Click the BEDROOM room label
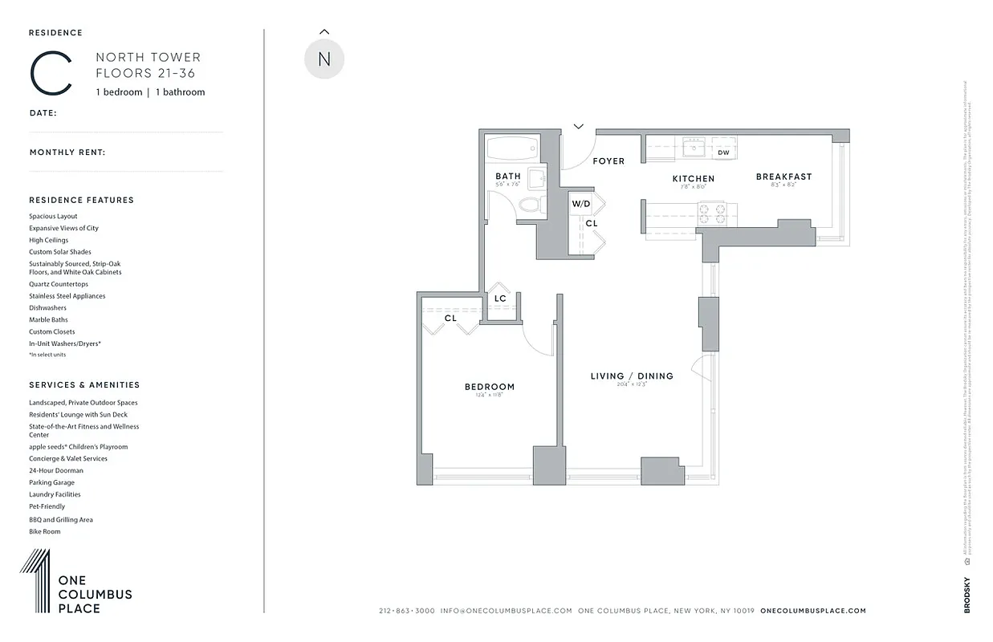(489, 387)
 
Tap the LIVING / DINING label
(632, 376)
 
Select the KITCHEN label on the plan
(693, 178)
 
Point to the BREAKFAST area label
(783, 177)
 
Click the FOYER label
(608, 161)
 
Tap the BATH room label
(507, 176)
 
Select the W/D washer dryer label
(581, 204)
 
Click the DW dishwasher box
(723, 152)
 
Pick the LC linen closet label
(500, 299)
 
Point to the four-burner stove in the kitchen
(710, 213)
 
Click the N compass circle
(324, 59)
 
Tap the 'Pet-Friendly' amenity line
(47, 506)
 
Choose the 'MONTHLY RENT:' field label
(67, 152)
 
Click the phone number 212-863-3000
(406, 611)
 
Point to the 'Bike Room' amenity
(44, 531)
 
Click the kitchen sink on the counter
(693, 148)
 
